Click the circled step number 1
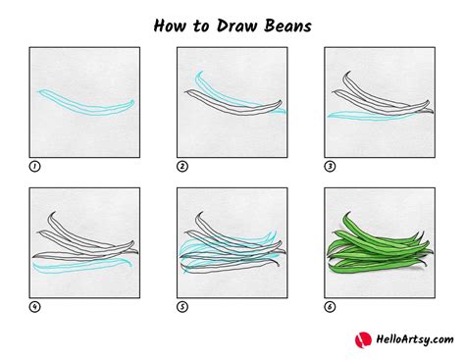pyautogui.click(x=35, y=166)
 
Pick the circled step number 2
pyautogui.click(x=182, y=166)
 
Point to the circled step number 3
pyautogui.click(x=330, y=166)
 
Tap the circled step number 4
pyautogui.click(x=35, y=306)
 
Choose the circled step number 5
pyautogui.click(x=182, y=306)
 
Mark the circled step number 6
pyautogui.click(x=330, y=306)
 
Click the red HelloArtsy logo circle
pyautogui.click(x=363, y=338)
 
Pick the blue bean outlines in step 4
pyautogui.click(x=83, y=263)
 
